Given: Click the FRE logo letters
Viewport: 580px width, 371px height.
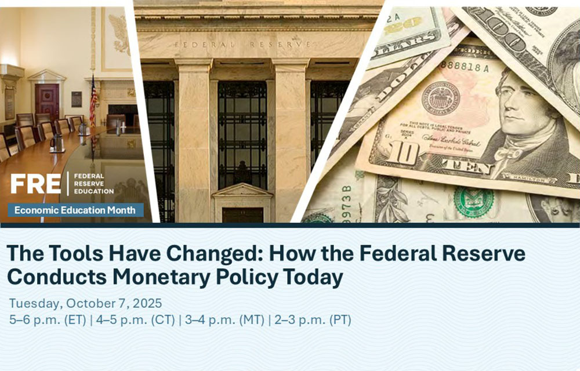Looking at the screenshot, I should coord(35,183).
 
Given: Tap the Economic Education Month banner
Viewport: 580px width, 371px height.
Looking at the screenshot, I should coord(75,210).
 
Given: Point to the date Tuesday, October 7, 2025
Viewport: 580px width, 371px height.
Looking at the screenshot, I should coord(85,303).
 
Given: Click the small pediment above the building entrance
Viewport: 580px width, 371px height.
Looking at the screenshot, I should coord(242,192).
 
